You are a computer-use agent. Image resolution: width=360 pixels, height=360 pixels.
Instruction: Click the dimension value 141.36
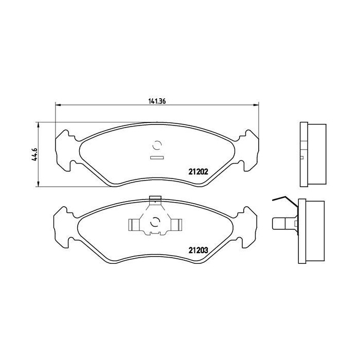pos(157,101)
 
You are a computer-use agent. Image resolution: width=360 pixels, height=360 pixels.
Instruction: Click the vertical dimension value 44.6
pos(34,154)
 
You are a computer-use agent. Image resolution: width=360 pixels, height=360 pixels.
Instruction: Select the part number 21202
pos(197,172)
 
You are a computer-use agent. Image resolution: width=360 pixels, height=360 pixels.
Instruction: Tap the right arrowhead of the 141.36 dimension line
pos(255,105)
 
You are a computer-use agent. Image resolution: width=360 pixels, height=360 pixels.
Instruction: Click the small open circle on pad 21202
pos(157,146)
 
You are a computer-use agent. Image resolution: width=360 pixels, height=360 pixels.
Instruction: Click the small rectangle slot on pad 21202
pos(156,157)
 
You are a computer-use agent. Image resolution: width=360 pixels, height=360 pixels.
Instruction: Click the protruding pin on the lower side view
pos(279,224)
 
